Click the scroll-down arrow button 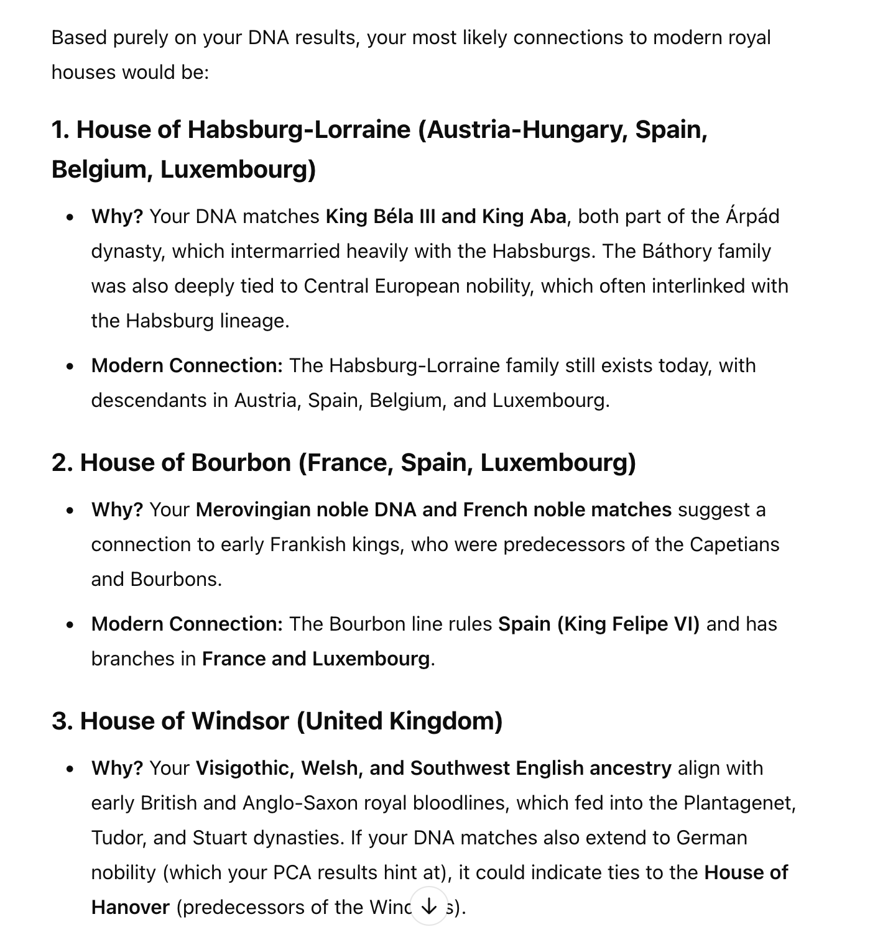tap(429, 907)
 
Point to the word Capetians tap(734, 544)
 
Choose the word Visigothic tap(245, 768)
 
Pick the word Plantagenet tap(738, 803)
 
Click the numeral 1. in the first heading tap(60, 130)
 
